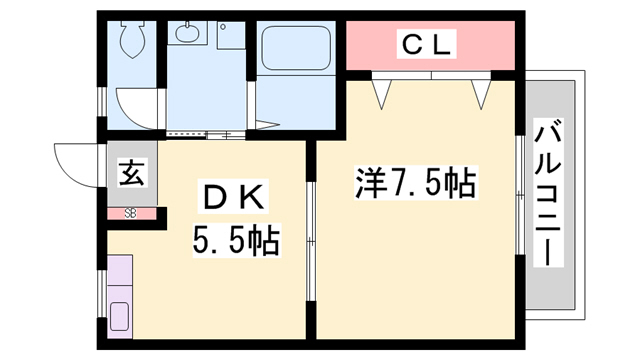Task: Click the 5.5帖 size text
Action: pos(235,240)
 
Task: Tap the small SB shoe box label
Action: pos(131,212)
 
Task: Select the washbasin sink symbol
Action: pos(187,34)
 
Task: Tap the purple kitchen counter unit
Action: pos(120,294)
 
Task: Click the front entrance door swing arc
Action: pos(78,160)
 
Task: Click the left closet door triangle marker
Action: pos(381,93)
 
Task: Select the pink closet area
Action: pos(430,45)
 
